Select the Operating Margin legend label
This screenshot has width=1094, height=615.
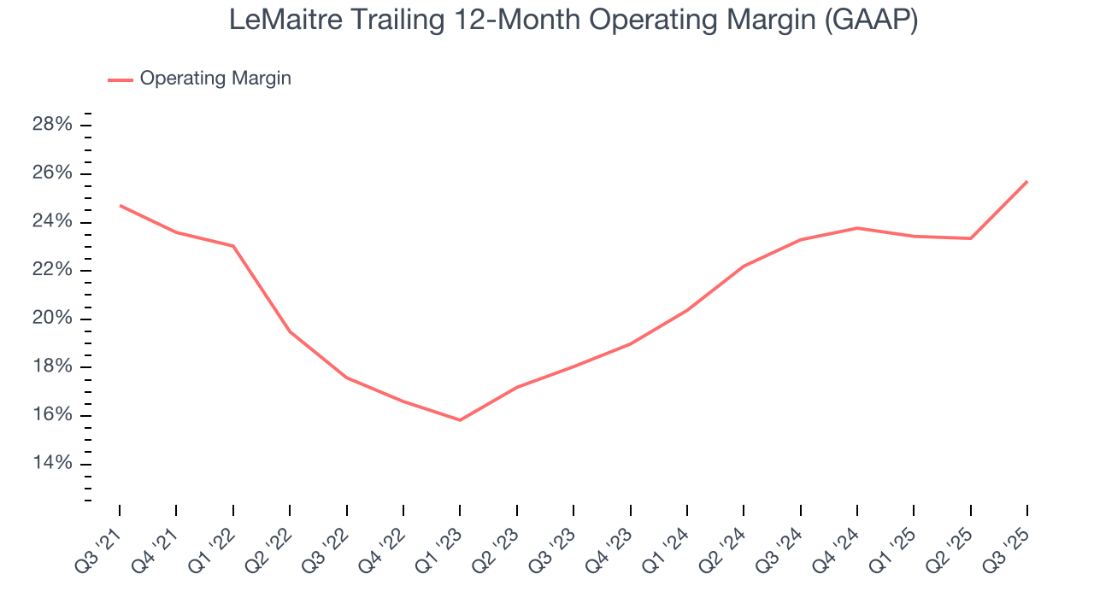tap(215, 79)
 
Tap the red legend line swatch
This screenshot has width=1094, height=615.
tap(120, 79)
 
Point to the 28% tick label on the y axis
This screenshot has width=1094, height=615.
tap(51, 126)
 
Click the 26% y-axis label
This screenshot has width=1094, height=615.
tap(51, 173)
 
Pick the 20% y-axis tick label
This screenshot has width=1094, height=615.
tap(51, 319)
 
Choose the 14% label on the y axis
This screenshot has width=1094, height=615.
tap(51, 464)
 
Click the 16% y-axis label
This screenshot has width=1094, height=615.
tap(51, 415)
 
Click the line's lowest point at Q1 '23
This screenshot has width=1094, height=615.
tap(460, 420)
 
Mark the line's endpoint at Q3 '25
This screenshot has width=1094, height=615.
tap(1026, 181)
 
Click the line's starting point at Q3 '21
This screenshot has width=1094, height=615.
tap(120, 205)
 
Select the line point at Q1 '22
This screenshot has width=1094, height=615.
tap(233, 246)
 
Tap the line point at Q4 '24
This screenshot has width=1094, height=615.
tap(857, 228)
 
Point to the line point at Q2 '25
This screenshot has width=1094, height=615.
tap(970, 238)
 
